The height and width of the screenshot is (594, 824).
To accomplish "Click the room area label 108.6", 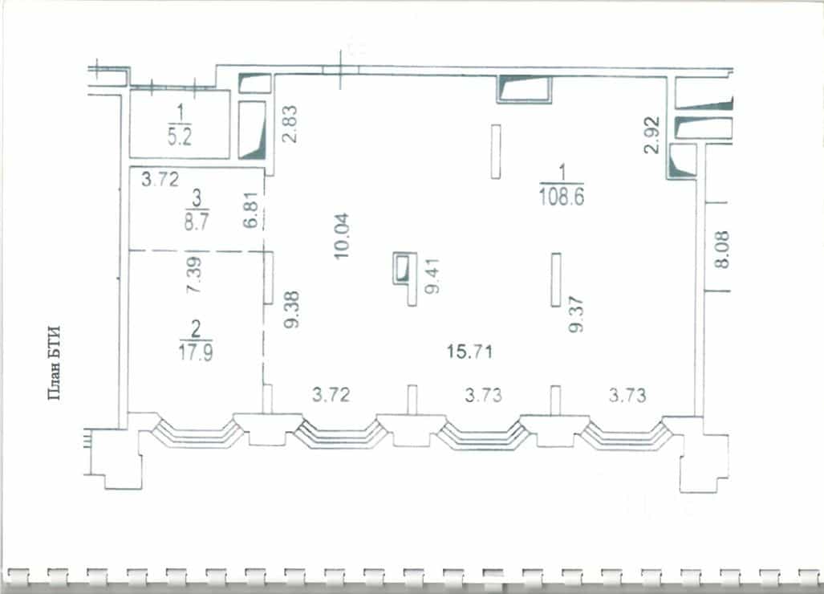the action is (x=562, y=197).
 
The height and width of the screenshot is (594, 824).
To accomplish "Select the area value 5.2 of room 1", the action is (x=180, y=136).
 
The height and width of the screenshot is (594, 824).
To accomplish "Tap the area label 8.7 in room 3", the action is (x=196, y=222).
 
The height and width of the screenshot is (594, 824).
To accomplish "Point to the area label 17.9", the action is (x=196, y=352).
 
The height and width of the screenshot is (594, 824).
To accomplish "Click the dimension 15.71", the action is (x=469, y=351).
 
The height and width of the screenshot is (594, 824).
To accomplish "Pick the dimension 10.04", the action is (x=342, y=235).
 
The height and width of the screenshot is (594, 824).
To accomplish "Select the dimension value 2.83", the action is (x=289, y=124).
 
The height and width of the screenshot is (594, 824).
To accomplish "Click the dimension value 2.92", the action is (x=651, y=135).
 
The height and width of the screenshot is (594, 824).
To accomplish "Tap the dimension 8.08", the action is (x=722, y=250).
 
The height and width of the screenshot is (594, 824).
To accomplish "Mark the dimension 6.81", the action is (x=251, y=210).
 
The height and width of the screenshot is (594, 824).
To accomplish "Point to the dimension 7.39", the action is (x=193, y=275).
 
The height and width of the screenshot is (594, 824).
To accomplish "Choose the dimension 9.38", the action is (x=291, y=309).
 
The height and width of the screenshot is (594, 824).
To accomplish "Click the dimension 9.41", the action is (x=432, y=276).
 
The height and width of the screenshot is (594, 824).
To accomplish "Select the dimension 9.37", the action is (x=576, y=314).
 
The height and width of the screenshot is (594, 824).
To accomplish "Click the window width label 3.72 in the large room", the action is (x=331, y=394).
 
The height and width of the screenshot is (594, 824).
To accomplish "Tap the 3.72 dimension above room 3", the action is (x=160, y=179).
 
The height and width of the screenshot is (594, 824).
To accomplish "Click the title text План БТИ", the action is (x=55, y=363).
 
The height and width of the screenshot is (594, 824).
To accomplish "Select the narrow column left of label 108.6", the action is (x=496, y=152).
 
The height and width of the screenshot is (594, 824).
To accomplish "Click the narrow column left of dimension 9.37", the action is (x=556, y=279).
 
